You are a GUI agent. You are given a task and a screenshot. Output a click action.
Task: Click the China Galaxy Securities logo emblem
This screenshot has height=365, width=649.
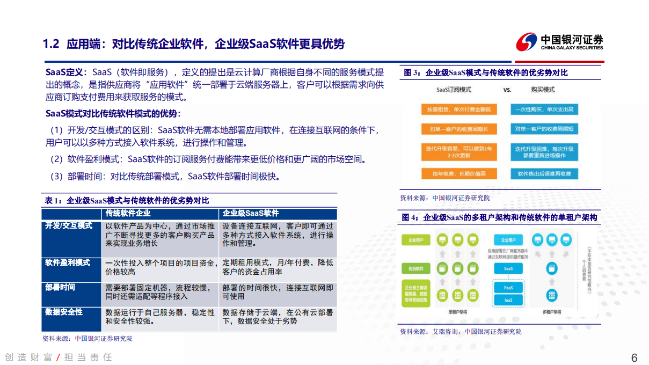526,42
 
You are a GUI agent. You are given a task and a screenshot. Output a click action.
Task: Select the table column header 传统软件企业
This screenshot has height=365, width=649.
128,213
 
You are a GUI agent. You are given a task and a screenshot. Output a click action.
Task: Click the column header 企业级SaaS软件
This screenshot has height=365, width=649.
251,213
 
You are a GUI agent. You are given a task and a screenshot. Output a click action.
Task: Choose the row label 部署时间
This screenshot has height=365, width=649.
60,287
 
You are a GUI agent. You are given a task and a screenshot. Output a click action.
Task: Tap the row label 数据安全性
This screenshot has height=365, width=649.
64,312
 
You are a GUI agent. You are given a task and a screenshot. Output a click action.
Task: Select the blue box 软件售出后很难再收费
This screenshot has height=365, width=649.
544,174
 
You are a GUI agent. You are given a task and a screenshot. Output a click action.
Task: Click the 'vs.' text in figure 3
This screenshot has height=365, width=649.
507,90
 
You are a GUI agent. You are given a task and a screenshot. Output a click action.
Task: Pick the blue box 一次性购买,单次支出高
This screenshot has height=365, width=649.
544,109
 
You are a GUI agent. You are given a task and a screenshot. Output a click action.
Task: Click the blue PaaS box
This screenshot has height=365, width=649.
508,288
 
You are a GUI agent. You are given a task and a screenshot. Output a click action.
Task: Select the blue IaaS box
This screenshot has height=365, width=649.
508,300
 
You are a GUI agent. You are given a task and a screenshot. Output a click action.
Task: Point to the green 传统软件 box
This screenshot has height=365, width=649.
416,268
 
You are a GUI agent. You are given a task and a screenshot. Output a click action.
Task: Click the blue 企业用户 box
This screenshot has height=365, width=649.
508,240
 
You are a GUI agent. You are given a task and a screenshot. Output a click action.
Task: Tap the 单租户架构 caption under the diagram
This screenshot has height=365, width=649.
457,312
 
